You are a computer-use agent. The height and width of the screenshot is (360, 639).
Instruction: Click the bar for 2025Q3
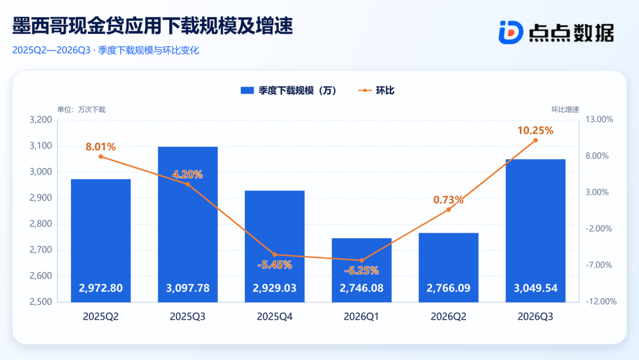click(x=188, y=224)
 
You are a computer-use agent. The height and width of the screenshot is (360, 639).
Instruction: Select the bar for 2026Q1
click(x=362, y=270)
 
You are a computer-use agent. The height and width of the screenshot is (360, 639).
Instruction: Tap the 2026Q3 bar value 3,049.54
click(x=535, y=288)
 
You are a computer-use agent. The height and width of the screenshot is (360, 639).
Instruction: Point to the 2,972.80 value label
click(x=101, y=288)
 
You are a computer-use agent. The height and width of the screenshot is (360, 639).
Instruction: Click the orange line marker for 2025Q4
click(x=275, y=255)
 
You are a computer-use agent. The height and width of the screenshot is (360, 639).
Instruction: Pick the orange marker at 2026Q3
click(x=535, y=140)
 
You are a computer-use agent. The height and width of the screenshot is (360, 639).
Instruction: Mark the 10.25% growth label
click(x=535, y=130)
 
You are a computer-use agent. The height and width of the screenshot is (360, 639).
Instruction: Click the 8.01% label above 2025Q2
click(x=101, y=147)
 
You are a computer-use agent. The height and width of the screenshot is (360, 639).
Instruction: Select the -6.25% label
click(x=362, y=271)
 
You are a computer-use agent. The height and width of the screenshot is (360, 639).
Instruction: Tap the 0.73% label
click(x=448, y=200)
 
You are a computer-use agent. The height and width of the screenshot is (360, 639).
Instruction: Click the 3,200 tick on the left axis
click(x=41, y=120)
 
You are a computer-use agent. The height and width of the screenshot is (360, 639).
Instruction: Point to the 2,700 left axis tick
click(x=41, y=249)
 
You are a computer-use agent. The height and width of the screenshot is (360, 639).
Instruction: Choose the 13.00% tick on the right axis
click(x=599, y=120)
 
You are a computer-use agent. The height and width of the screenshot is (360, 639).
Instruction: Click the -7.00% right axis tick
click(x=599, y=265)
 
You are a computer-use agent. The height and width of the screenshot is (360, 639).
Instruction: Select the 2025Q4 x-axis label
click(x=275, y=317)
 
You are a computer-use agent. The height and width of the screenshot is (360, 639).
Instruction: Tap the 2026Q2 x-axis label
click(x=448, y=317)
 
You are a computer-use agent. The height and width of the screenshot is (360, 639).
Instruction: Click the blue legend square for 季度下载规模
click(x=247, y=91)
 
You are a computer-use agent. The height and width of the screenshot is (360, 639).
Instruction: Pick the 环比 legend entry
click(x=376, y=91)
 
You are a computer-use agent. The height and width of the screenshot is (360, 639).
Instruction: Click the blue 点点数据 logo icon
click(x=511, y=32)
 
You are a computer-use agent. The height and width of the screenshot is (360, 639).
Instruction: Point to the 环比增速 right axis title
click(x=565, y=110)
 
